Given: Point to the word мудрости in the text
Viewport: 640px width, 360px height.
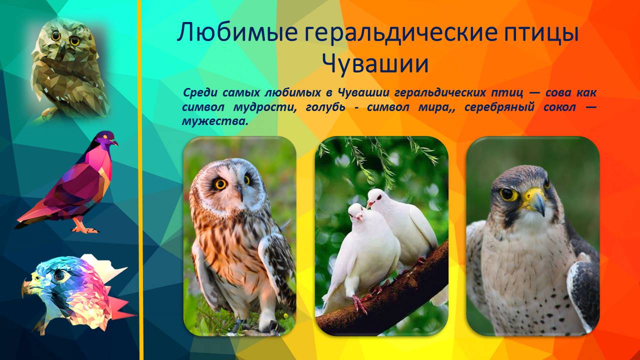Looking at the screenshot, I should pos(264,107).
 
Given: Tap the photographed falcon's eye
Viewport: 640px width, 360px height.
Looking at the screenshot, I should pos(508,194).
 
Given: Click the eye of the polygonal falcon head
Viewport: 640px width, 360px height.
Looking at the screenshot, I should pos(59,274).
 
